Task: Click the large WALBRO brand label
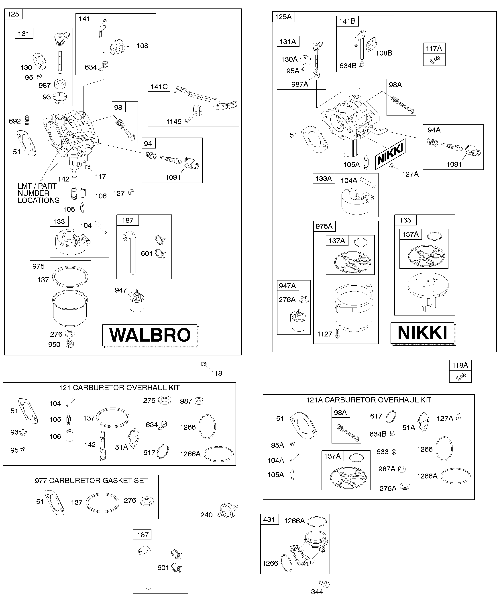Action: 150,335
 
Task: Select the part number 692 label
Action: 15,121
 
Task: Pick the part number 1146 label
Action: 174,122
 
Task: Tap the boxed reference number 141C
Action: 159,87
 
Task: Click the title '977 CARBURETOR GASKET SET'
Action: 91,480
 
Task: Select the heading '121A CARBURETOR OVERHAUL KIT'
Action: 369,400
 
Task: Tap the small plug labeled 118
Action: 204,364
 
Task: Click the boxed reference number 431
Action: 269,520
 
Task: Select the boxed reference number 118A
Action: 460,365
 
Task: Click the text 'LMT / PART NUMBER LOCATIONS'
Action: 38,193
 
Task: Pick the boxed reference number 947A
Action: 287,286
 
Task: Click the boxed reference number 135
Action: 405,220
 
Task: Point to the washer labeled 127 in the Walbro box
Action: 131,192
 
